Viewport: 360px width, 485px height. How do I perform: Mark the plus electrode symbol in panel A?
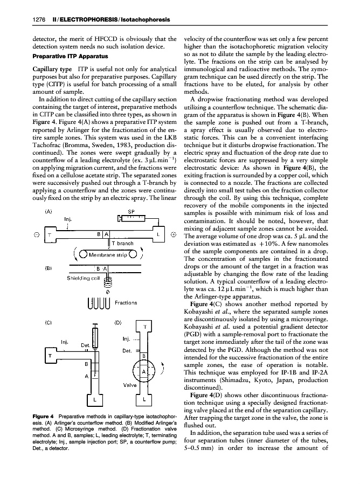(x=173, y=234)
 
